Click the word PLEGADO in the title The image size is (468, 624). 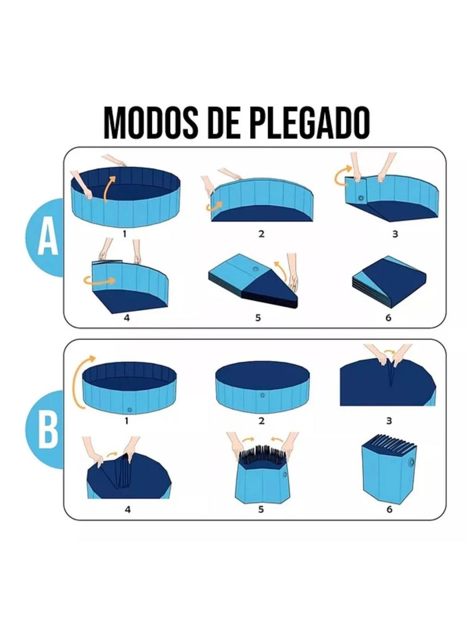click(311, 123)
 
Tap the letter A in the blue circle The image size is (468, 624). click(48, 238)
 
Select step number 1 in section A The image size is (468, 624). click(124, 234)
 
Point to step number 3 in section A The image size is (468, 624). click(395, 234)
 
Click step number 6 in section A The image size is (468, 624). click(389, 317)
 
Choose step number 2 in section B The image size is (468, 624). click(261, 421)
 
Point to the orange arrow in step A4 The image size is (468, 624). click(99, 280)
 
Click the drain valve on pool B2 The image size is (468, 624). click(262, 396)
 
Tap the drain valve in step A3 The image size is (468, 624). click(361, 198)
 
